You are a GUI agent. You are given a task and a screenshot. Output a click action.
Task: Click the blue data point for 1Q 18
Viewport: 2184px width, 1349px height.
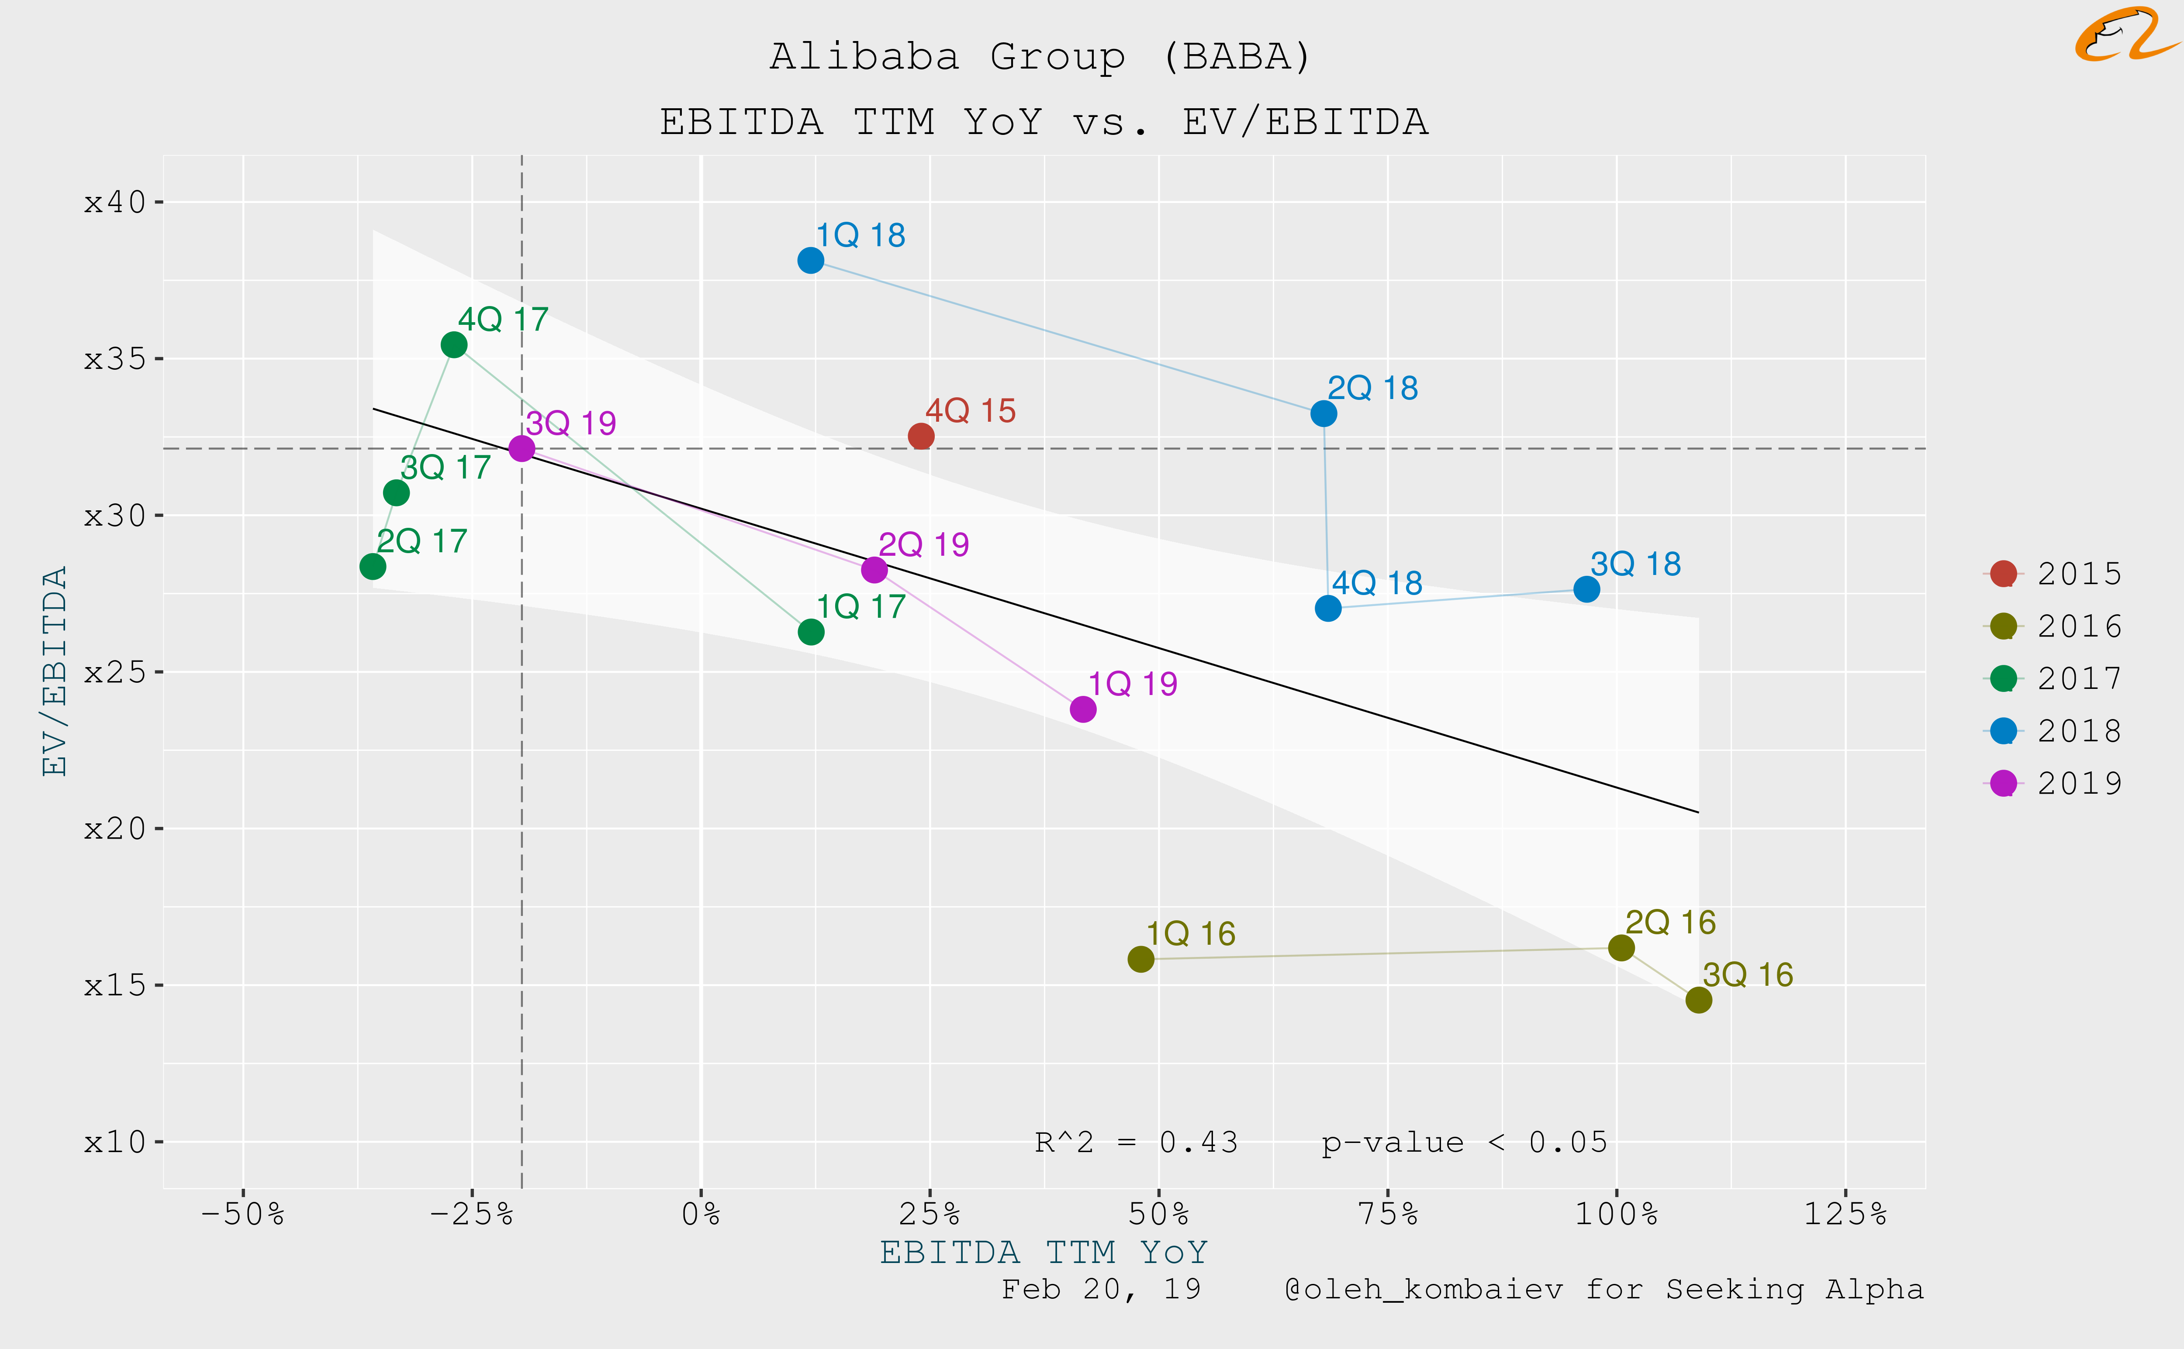click(810, 261)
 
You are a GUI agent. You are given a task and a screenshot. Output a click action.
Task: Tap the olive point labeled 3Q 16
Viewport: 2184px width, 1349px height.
click(1698, 1000)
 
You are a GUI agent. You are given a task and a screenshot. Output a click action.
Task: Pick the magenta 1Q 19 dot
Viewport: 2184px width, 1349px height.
click(1083, 709)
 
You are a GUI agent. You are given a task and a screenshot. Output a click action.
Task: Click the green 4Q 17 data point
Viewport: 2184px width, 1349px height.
click(454, 344)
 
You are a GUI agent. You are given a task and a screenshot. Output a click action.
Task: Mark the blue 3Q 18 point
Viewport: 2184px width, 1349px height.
click(1586, 589)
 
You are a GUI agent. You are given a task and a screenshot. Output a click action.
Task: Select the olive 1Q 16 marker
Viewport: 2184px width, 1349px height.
click(1140, 959)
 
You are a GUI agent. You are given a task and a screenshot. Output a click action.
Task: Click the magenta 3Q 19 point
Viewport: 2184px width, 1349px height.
click(521, 448)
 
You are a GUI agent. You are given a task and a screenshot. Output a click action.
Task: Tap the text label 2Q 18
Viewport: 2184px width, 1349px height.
click(1373, 388)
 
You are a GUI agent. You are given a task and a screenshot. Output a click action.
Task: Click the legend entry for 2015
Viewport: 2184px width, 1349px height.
click(2053, 574)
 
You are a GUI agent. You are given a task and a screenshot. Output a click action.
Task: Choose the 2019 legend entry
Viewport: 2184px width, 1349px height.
click(2053, 783)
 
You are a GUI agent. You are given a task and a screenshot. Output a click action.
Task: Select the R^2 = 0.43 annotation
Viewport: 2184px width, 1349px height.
click(1136, 1142)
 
